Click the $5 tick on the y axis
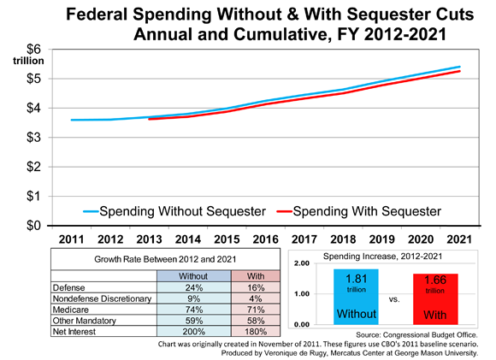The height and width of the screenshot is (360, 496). coord(34,79)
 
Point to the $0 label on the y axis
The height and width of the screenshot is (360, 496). coord(34,226)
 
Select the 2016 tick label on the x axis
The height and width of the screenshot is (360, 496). coord(265,239)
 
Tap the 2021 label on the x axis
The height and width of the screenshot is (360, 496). coord(459,239)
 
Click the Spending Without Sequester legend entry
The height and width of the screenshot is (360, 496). coord(174,211)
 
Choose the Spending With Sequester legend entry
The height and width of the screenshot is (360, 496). coord(358,211)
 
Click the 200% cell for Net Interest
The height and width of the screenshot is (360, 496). coord(193,332)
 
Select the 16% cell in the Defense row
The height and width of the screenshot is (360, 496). coord(256,287)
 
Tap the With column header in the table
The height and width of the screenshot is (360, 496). coord(256,276)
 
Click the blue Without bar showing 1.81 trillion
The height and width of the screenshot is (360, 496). coord(356,297)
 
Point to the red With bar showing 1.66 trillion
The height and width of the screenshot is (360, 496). coord(435,299)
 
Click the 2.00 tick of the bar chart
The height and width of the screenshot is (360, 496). coord(302,263)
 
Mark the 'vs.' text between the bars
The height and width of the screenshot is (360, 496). coord(394,299)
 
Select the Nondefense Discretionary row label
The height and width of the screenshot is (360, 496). coord(102,298)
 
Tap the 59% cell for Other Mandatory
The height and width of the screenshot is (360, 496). coord(193,321)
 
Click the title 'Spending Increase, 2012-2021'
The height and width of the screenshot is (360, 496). coord(382,257)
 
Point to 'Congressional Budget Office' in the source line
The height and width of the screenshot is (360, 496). coord(429,334)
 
